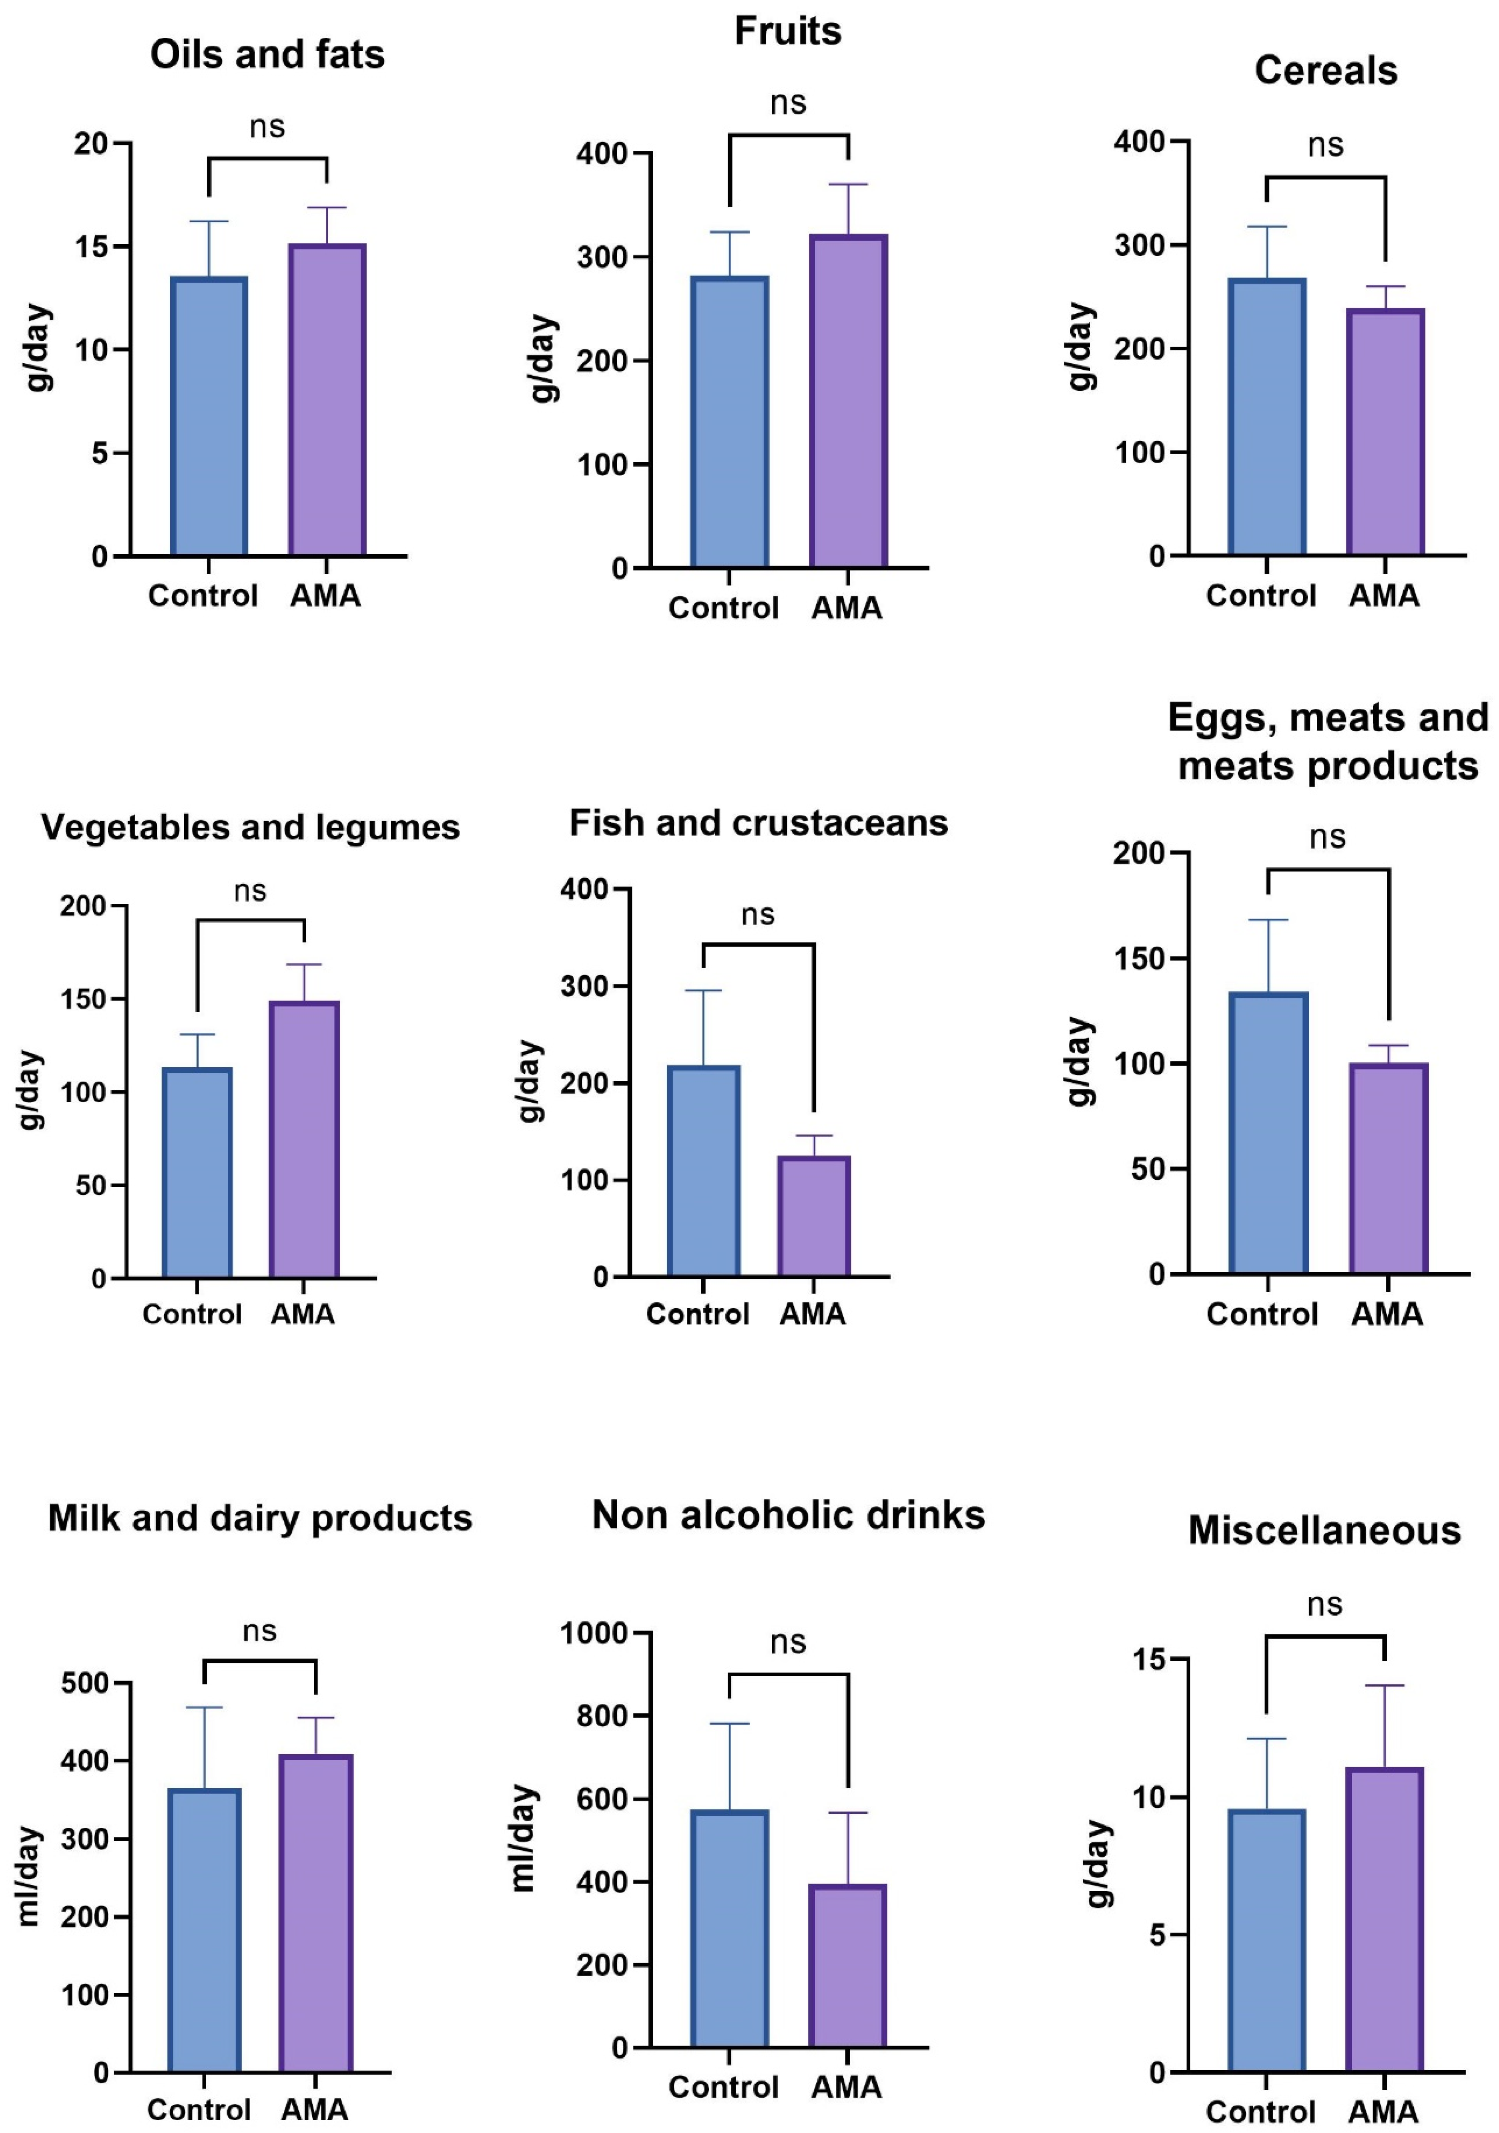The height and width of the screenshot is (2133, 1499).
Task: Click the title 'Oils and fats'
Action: (x=267, y=55)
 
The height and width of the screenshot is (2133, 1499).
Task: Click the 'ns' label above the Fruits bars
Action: (x=788, y=103)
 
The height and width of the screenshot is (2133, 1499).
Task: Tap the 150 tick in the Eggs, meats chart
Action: (x=1140, y=959)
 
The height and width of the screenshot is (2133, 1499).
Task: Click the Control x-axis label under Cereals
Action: (x=1260, y=595)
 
